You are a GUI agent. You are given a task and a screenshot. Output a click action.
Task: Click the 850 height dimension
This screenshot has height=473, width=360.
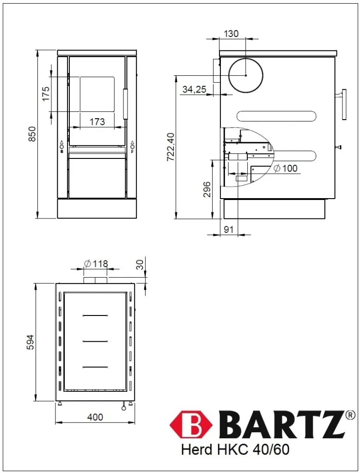pyautogui.click(x=32, y=134)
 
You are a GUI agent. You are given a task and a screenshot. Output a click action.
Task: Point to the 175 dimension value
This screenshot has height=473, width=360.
pyautogui.click(x=46, y=94)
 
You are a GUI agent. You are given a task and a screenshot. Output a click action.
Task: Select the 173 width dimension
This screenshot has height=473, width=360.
pyautogui.click(x=97, y=121)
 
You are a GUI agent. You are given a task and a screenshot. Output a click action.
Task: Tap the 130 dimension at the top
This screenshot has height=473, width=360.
pyautogui.click(x=232, y=33)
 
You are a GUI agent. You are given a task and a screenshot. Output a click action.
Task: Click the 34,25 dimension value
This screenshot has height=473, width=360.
pyautogui.click(x=195, y=89)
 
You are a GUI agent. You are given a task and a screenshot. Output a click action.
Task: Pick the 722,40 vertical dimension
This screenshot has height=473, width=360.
pyautogui.click(x=171, y=146)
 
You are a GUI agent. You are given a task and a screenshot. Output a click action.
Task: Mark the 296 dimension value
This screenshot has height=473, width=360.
pyautogui.click(x=207, y=189)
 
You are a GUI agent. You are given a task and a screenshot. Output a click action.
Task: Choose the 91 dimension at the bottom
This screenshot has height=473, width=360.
pyautogui.click(x=229, y=230)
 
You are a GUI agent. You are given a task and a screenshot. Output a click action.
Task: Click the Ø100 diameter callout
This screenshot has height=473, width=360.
pyautogui.click(x=286, y=168)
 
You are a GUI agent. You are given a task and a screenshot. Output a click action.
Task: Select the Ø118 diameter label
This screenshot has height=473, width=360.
pyautogui.click(x=96, y=264)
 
